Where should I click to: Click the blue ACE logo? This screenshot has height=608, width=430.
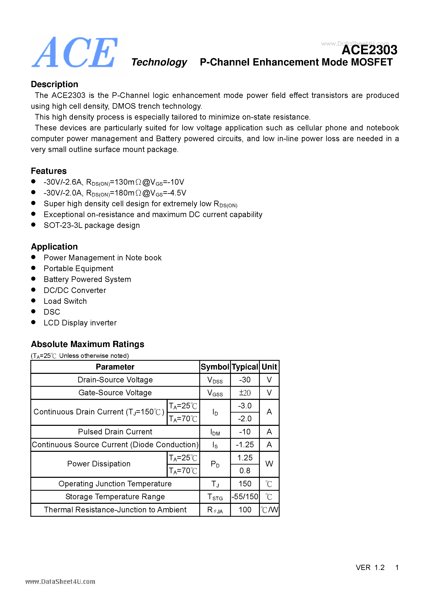75,52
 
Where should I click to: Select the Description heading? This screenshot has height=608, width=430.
54,84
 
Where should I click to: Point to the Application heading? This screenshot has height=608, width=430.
54,247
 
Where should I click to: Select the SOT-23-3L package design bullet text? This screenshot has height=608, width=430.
92,225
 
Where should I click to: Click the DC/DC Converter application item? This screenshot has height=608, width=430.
75,290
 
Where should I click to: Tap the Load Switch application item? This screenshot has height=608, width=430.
65,301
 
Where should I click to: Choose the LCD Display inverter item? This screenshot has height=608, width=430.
80,323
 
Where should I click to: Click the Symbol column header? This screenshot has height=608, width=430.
215,367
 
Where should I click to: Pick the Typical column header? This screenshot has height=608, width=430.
245,367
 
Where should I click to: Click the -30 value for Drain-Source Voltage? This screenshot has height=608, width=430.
245,380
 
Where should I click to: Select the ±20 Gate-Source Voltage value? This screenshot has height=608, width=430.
245,393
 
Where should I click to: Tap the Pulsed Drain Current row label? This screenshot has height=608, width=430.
115,432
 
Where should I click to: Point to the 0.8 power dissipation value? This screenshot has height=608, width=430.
245,471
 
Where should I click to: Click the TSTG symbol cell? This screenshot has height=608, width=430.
215,497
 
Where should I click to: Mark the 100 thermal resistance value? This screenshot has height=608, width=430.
245,510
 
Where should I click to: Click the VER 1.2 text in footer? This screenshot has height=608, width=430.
370,567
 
